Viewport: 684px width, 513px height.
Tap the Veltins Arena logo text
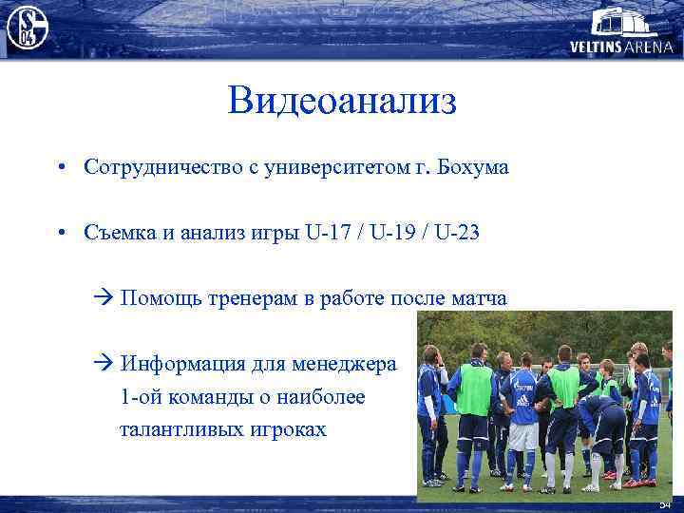click(621, 45)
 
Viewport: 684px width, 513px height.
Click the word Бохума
click(474, 167)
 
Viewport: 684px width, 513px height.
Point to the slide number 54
click(665, 504)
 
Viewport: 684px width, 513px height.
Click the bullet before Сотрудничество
click(60, 168)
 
